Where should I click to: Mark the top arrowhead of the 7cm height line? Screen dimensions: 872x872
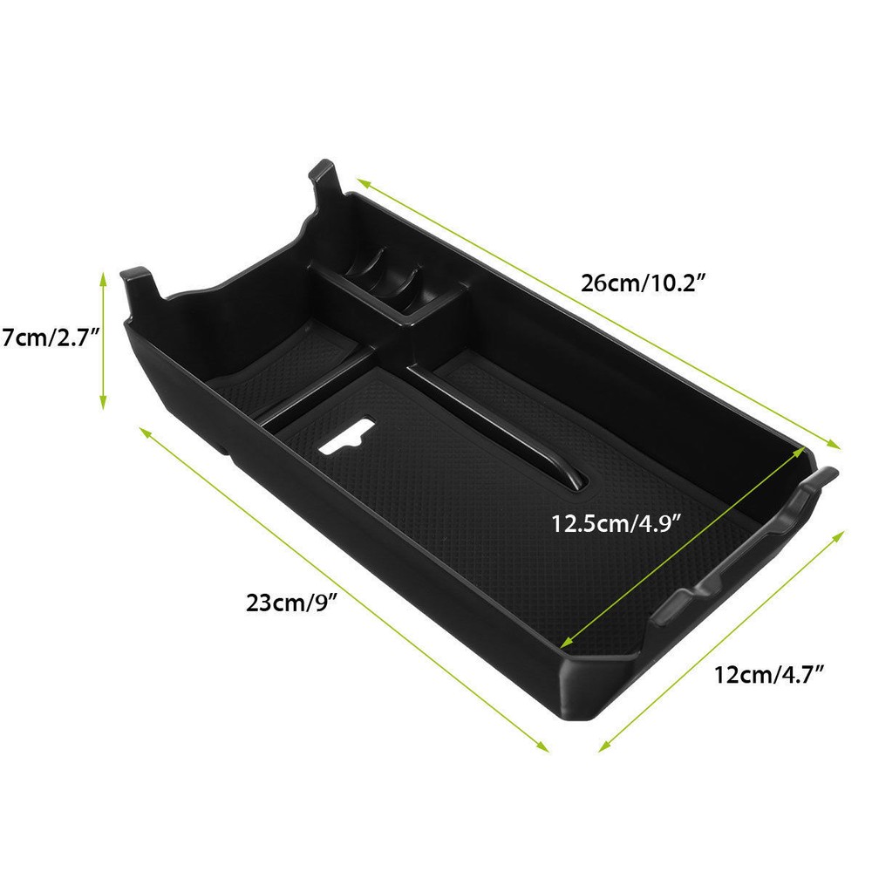point(103,276)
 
